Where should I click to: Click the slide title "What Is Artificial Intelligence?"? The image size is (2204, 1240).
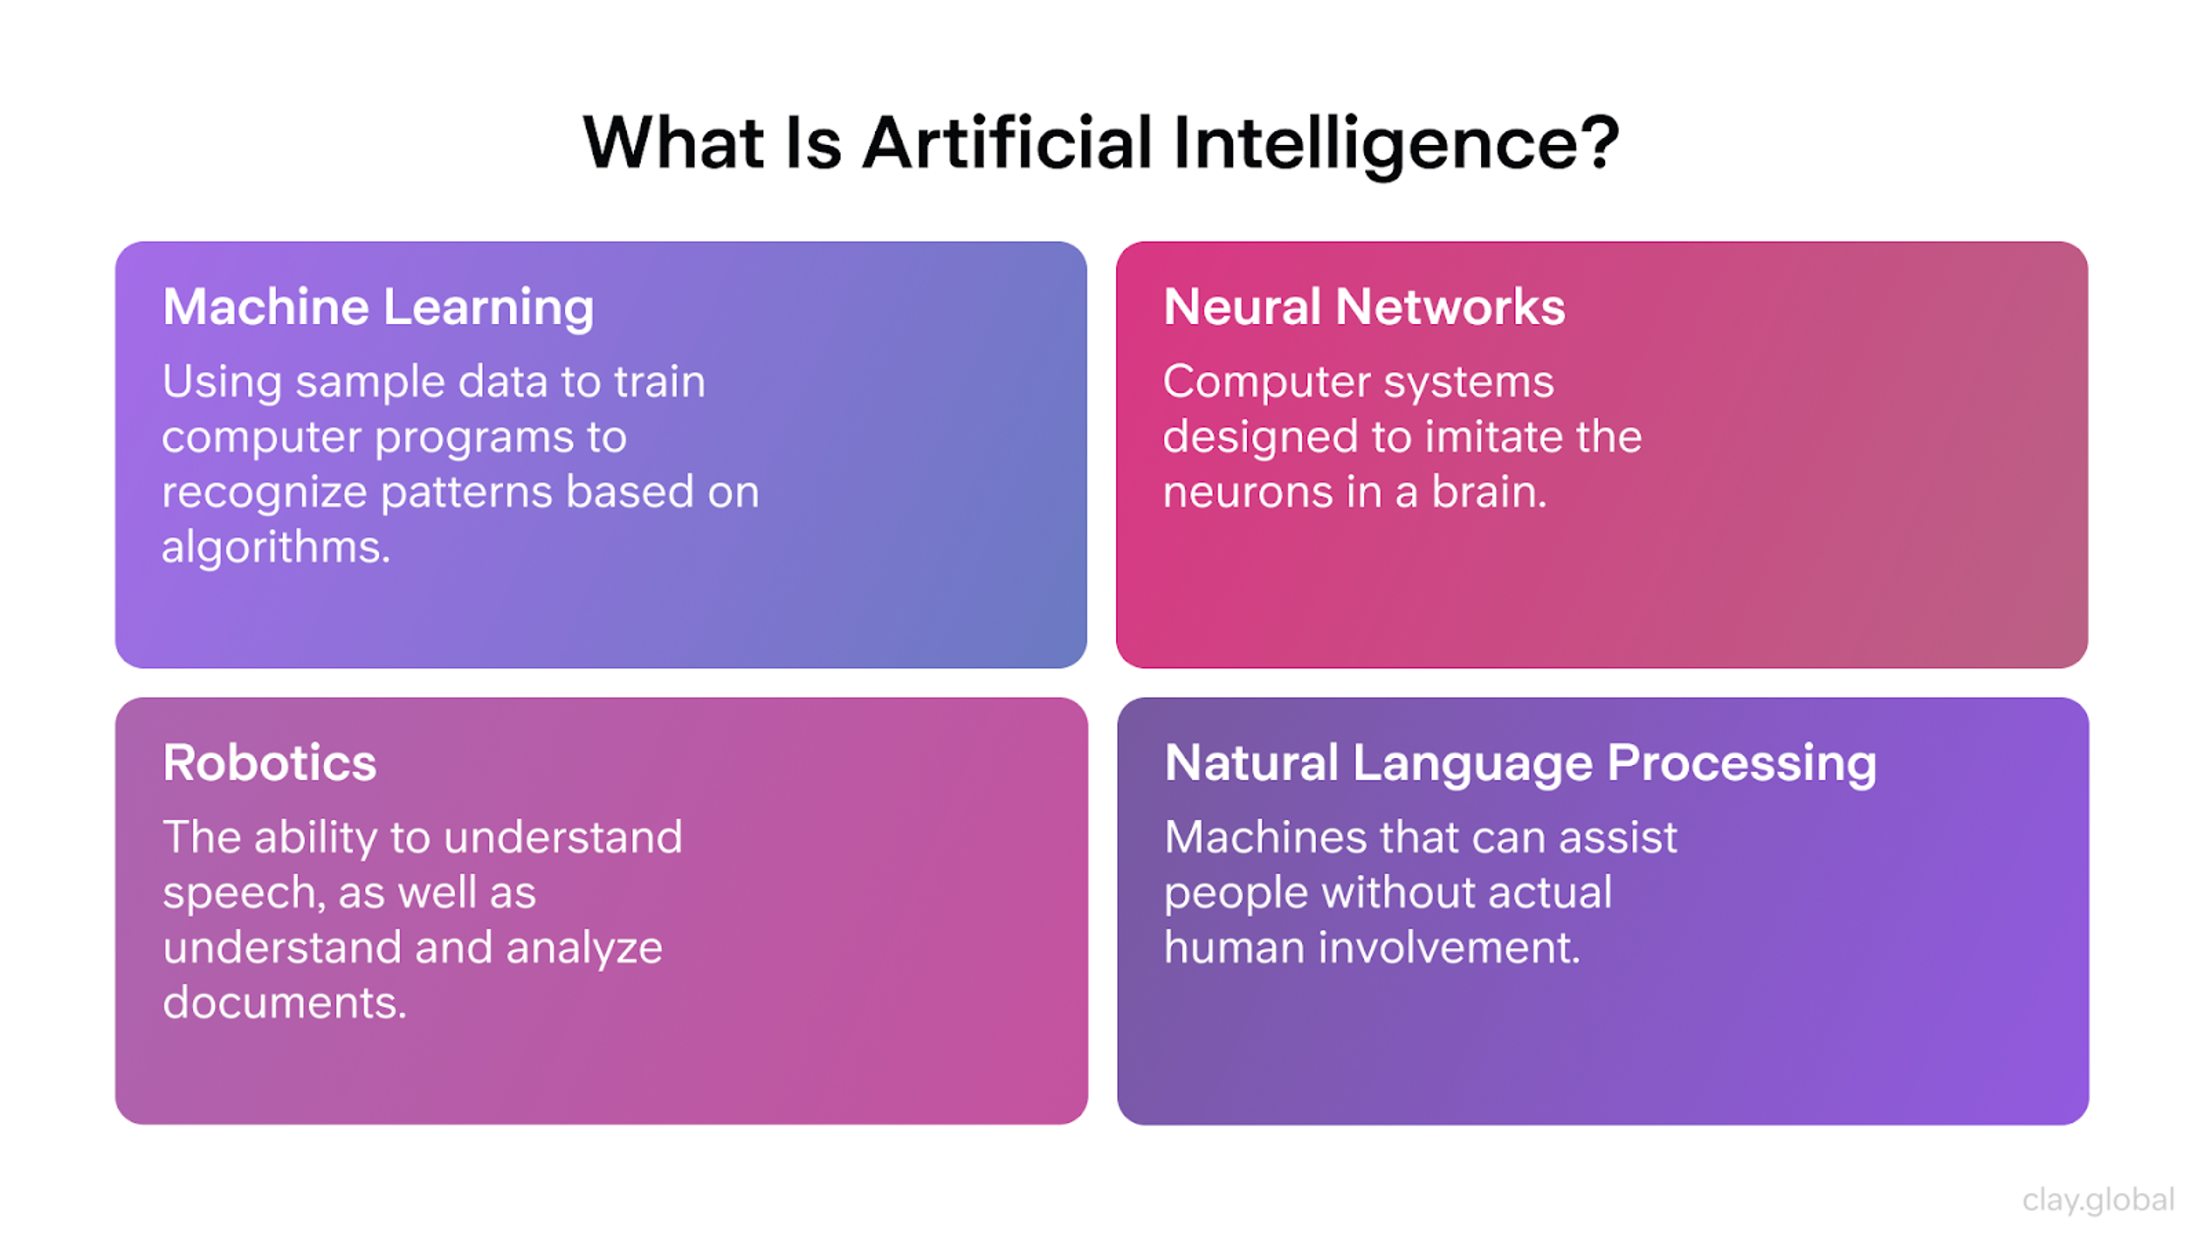[1100, 143]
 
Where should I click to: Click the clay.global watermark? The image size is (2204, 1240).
[2097, 1200]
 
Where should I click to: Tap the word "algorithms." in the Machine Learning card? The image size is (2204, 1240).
[275, 548]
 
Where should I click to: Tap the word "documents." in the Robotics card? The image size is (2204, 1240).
[284, 1002]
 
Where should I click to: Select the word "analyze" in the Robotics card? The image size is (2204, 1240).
[584, 948]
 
